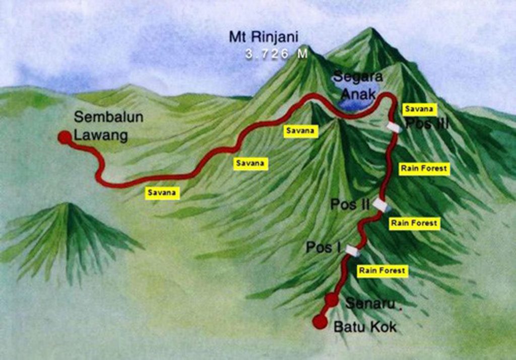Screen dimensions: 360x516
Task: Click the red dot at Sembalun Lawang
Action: click(64, 137)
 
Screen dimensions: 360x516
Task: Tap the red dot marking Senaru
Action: click(331, 300)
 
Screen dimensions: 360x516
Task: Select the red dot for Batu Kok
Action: click(319, 321)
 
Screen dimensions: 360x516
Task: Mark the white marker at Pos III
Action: click(394, 127)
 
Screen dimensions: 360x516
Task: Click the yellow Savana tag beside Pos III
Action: click(418, 109)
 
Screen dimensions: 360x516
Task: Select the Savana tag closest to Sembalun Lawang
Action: click(163, 192)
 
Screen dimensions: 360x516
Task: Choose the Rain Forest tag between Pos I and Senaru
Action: click(382, 271)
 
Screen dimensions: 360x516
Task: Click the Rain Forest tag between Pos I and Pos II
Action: click(414, 223)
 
